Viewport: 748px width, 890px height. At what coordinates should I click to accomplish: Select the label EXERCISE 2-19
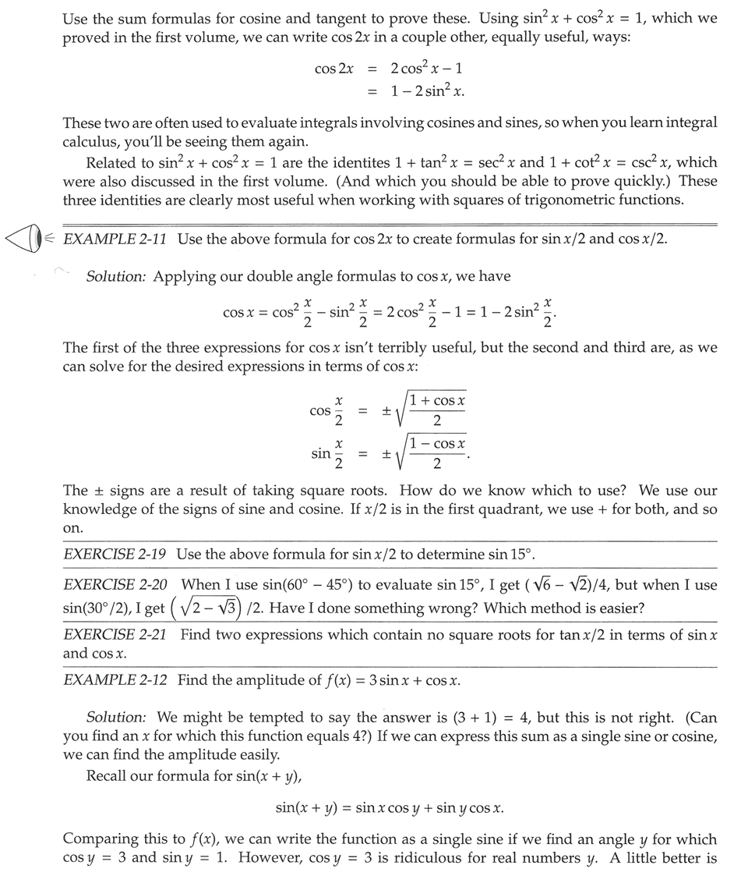point(115,555)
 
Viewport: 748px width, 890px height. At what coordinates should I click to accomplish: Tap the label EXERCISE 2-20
point(117,584)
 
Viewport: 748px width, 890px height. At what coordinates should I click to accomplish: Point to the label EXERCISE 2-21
point(115,635)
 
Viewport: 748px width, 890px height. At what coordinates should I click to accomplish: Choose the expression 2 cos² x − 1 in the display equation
point(428,69)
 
